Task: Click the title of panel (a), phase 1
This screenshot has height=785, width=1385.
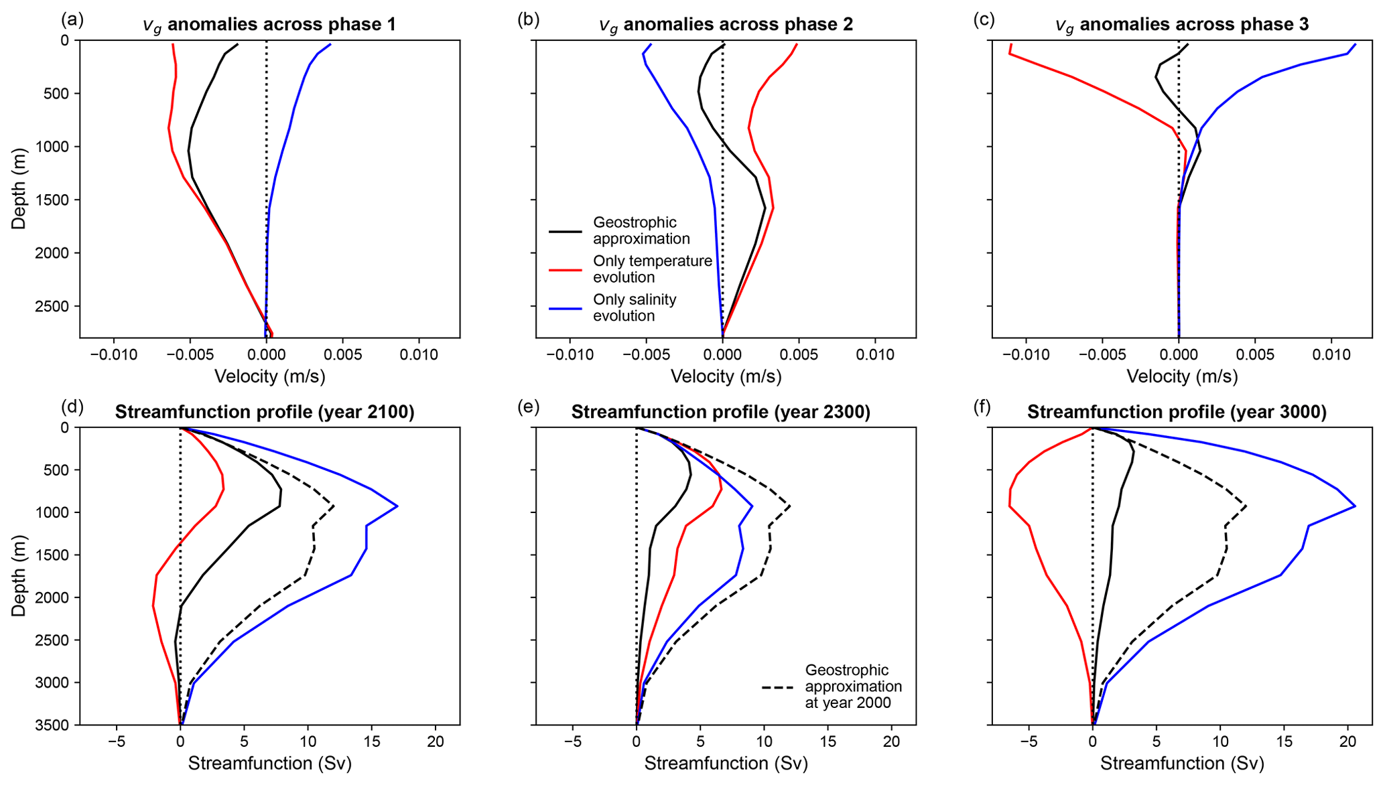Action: (269, 25)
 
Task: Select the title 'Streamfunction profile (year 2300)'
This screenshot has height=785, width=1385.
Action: (720, 412)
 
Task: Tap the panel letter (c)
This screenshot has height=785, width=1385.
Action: (984, 19)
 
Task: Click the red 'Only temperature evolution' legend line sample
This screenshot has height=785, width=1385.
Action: (566, 270)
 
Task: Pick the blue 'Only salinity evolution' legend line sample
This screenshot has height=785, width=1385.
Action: (566, 308)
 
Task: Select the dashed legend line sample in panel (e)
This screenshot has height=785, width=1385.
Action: (777, 687)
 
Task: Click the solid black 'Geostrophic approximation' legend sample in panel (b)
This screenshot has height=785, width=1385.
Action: (566, 232)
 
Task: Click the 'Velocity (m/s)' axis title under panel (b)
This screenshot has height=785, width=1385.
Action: (726, 376)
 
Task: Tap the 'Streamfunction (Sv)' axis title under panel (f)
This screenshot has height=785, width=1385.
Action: (1182, 764)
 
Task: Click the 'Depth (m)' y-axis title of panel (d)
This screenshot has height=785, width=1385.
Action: (19, 576)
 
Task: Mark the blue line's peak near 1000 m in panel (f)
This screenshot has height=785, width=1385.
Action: (1355, 506)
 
